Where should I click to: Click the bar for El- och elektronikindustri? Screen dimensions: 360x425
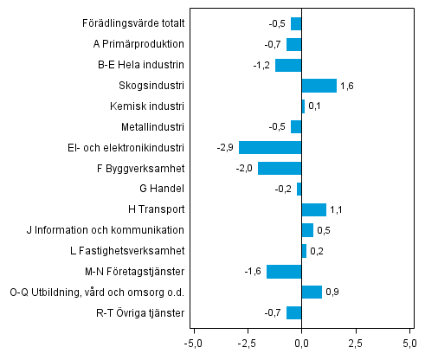coord(270,147)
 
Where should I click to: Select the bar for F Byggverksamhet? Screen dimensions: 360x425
coord(280,168)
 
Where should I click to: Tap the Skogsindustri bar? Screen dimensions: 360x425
coord(319,86)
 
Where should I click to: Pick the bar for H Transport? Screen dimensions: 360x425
coord(313,209)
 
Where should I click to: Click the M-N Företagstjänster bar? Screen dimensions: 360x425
coord(284,272)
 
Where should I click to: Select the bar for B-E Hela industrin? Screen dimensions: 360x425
coord(288,65)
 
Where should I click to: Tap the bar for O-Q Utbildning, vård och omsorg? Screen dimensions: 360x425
coord(312,292)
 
